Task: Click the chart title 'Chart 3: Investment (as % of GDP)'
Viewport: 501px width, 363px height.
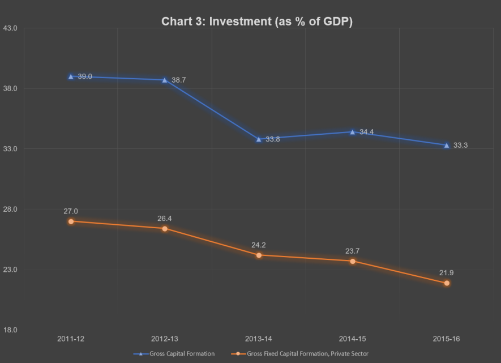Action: tap(257, 22)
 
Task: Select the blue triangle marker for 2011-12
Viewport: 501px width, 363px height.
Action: tap(71, 76)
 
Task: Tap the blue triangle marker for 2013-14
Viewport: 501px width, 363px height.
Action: tap(259, 139)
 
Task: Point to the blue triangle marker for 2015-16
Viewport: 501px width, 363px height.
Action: tap(447, 146)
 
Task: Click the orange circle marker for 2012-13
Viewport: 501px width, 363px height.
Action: tap(165, 229)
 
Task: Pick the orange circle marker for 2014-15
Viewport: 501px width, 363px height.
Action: tap(353, 261)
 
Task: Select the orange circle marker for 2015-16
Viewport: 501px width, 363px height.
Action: tap(447, 283)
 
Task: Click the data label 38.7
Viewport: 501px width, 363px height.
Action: tap(179, 80)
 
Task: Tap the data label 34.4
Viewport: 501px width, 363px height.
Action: tap(366, 132)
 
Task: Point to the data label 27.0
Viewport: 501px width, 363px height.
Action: tap(71, 211)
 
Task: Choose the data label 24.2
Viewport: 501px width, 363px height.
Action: tap(259, 245)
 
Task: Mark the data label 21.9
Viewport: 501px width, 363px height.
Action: tap(446, 273)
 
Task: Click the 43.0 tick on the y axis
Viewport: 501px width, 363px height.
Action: tap(11, 28)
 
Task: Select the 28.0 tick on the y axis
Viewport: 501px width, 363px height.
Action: tap(11, 210)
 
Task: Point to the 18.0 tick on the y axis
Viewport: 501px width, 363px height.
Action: tap(11, 330)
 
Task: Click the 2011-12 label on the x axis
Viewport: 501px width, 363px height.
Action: tap(71, 339)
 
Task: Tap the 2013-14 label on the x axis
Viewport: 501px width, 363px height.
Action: tap(259, 339)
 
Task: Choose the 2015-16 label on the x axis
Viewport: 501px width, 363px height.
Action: tap(447, 339)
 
